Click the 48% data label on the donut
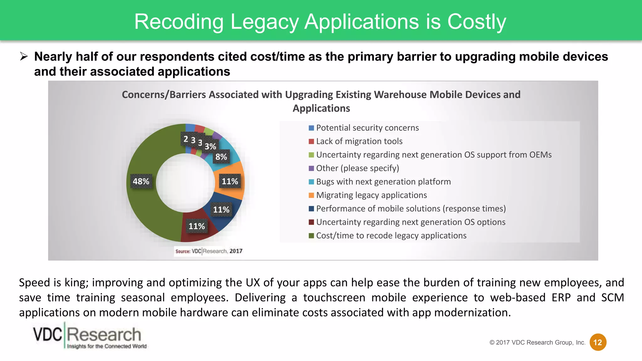coord(141,181)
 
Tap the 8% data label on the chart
coord(221,157)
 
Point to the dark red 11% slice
coord(201,233)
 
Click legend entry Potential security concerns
coord(367,128)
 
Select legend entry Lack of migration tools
coord(359,141)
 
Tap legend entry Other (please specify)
coord(357,168)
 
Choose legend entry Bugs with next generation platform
coord(383,182)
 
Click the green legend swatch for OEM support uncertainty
coord(311,155)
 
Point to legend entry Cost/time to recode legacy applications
coord(391,236)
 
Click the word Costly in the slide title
coord(476,22)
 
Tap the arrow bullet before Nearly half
coord(24,57)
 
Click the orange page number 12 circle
coord(598,342)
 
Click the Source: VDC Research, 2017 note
coord(209,251)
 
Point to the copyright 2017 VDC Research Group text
coord(537,343)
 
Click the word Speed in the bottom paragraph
coord(34,283)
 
